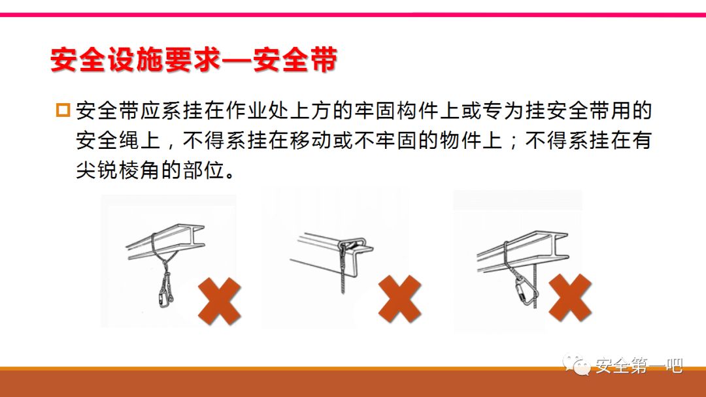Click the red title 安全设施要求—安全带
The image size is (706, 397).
[x=194, y=59]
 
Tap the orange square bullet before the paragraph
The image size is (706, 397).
[x=63, y=110]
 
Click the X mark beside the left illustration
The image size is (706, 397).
[x=219, y=301]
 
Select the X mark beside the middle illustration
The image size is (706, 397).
[x=399, y=299]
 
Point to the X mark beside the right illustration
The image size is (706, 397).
[x=569, y=297]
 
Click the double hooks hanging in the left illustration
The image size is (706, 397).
[x=165, y=290]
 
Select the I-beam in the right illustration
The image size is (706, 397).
[x=522, y=251]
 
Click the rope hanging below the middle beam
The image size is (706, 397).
[x=343, y=270]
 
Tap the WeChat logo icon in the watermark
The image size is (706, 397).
[x=577, y=364]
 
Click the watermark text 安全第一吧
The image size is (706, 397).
[x=639, y=366]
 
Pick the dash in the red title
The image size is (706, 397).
[x=237, y=60]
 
